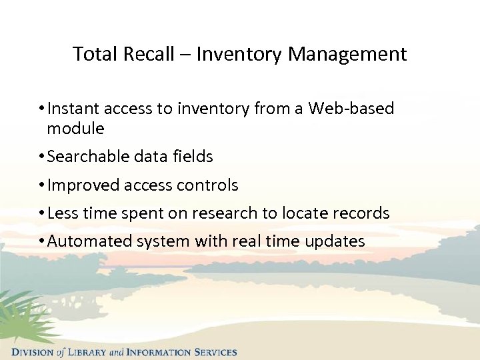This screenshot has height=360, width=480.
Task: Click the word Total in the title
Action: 91,54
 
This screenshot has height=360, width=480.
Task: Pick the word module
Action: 75,129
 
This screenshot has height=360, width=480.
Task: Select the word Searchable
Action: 89,157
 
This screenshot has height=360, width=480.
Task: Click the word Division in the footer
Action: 33,352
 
